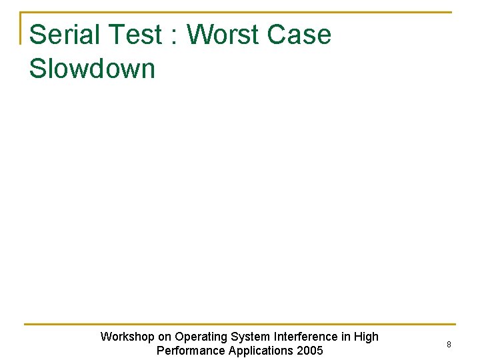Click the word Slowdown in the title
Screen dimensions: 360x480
click(92, 69)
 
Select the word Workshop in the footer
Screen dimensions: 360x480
click(127, 337)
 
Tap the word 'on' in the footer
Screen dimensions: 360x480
click(165, 337)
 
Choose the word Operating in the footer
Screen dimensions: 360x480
click(201, 337)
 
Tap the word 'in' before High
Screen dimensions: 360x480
click(345, 337)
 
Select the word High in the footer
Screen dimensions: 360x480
click(366, 337)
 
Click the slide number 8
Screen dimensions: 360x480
click(449, 345)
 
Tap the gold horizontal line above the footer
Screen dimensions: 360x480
click(239, 325)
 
